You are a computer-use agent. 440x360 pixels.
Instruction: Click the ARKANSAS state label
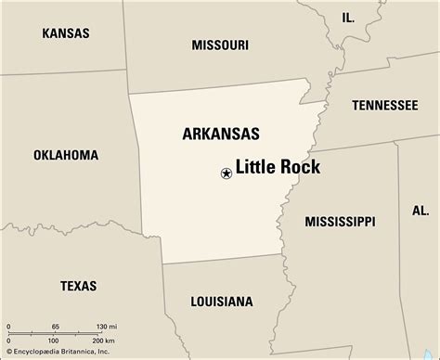[x=220, y=134]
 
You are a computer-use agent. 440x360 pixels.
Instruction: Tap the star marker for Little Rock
[x=225, y=173]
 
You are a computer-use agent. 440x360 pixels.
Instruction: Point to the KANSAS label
[x=65, y=33]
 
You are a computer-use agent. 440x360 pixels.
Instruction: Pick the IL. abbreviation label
[x=347, y=18]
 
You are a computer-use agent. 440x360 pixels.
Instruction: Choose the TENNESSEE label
[x=384, y=106]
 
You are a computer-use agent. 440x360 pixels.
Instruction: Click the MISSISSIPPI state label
[x=340, y=221]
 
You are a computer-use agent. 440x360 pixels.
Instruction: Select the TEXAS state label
[x=78, y=286]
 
